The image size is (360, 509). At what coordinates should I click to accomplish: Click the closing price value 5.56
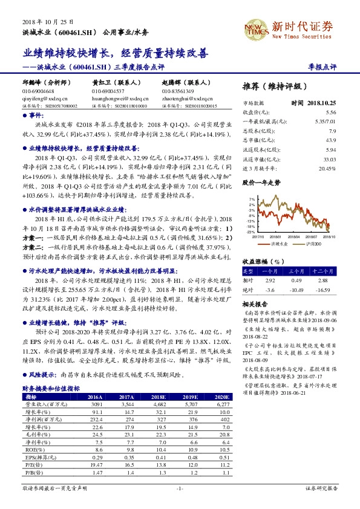330,112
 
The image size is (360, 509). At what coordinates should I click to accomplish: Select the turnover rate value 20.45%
327,169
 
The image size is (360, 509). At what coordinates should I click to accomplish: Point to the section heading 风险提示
43,375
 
